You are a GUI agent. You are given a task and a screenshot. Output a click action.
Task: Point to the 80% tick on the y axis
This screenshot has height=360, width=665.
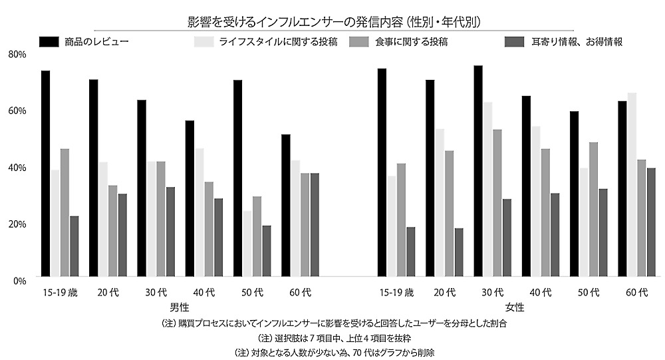point(17,54)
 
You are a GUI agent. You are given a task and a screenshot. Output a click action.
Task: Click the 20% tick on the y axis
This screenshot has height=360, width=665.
point(17,224)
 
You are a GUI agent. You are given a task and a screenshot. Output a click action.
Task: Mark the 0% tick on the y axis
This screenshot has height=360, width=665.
point(19,280)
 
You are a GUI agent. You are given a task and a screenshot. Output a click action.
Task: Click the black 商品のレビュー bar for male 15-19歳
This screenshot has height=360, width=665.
point(46,173)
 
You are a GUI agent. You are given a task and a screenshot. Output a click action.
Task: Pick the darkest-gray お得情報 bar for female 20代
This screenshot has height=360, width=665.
point(460,252)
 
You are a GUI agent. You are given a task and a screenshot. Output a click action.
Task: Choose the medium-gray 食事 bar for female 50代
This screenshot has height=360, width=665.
point(593,209)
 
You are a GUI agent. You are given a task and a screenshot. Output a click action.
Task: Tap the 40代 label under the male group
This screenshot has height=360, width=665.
point(204,292)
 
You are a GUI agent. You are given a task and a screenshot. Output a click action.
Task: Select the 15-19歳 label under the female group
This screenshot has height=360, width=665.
point(396,292)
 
